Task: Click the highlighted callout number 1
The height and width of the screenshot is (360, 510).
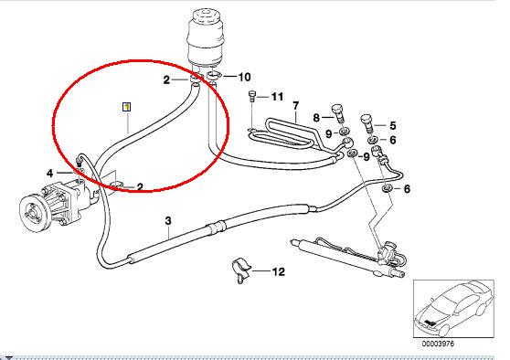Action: click(126, 107)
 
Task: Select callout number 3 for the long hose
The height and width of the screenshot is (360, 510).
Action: click(168, 221)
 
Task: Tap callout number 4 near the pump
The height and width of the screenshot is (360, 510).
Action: click(49, 174)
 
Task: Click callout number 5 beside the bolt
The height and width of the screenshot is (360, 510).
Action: click(393, 125)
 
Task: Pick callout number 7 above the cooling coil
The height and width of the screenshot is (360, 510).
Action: click(295, 106)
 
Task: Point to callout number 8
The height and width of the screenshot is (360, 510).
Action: click(316, 117)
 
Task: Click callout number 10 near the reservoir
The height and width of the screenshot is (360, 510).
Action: click(245, 77)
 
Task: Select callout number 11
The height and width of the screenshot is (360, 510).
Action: click(277, 97)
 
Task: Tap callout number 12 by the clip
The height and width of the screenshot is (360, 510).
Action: click(279, 271)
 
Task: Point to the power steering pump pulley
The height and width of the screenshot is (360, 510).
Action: click(34, 214)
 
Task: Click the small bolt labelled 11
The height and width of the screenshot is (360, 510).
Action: click(252, 96)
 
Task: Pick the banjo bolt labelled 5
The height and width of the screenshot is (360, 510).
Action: click(367, 123)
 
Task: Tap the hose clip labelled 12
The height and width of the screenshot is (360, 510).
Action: click(241, 270)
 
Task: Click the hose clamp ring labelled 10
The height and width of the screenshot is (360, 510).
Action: click(213, 76)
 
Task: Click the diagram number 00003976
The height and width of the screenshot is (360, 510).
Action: click(438, 344)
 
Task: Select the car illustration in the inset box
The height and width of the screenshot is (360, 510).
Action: click(453, 309)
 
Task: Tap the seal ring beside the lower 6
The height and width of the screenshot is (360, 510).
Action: click(387, 188)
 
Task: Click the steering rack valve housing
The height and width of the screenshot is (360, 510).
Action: click(388, 251)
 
